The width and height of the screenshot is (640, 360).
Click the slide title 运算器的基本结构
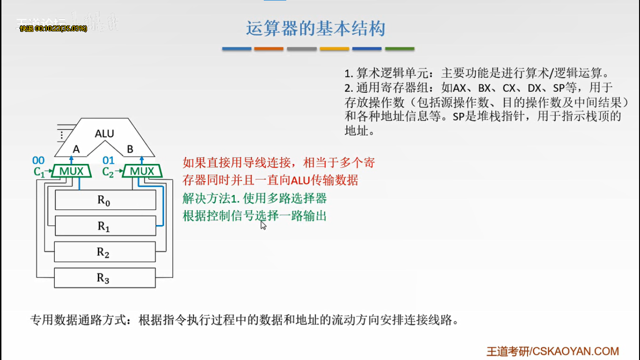(x=315, y=29)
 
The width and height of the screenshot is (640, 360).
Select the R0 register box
(x=105, y=201)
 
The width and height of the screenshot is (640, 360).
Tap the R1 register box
(x=105, y=226)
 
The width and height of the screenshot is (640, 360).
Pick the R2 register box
(x=105, y=252)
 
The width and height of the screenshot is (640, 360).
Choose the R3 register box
(x=105, y=278)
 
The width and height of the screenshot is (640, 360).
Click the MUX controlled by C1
(x=72, y=171)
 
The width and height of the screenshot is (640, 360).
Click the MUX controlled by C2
(x=142, y=171)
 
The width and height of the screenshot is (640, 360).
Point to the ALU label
(x=104, y=134)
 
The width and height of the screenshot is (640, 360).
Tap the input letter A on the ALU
(x=76, y=149)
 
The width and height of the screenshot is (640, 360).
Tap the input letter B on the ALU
(x=130, y=149)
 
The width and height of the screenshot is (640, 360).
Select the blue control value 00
(x=38, y=161)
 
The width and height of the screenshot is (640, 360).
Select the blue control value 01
(x=109, y=161)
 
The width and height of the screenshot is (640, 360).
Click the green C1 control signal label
(x=39, y=172)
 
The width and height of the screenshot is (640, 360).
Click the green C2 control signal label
(x=108, y=172)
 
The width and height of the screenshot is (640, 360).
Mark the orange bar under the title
(x=269, y=49)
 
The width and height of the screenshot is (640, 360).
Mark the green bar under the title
(x=400, y=49)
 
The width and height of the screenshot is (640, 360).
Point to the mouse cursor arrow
(x=263, y=225)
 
